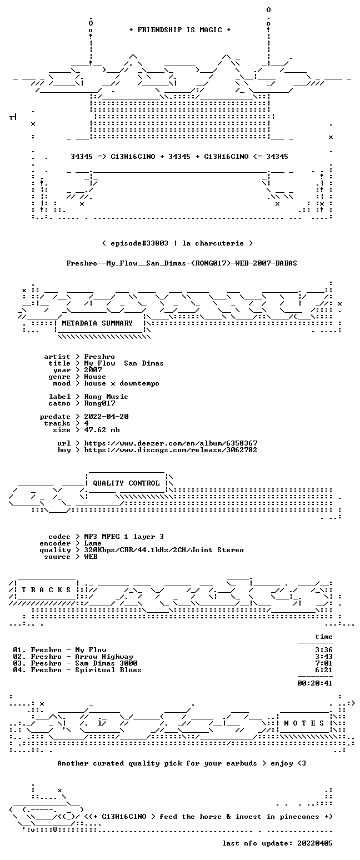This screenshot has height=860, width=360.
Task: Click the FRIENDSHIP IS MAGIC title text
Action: (180, 30)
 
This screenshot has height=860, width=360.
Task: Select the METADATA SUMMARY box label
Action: (97, 323)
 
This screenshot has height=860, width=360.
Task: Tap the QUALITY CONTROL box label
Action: (126, 483)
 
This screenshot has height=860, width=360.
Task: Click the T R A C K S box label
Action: (47, 589)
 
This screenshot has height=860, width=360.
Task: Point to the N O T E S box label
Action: (304, 723)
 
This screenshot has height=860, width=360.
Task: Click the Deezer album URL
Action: (171, 443)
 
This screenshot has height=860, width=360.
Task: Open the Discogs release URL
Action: (171, 450)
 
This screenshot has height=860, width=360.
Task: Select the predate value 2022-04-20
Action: (106, 417)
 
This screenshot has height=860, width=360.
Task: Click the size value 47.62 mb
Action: (102, 430)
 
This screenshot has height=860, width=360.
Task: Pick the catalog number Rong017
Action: (99, 403)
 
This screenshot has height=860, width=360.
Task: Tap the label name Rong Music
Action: (106, 397)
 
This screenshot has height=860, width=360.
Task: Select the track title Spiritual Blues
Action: (108, 670)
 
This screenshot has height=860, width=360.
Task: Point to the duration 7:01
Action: (323, 663)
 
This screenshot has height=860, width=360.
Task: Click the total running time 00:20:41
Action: (314, 683)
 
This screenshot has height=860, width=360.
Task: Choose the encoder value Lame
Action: (93, 543)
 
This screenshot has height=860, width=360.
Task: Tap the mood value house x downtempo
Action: (122, 383)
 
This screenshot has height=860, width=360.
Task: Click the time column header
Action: (323, 637)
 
